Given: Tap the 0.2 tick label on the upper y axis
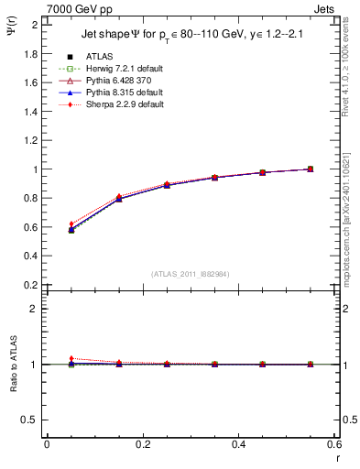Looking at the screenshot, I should pyautogui.click(x=31, y=285).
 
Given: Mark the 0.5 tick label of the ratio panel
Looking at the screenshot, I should pyautogui.click(x=31, y=420).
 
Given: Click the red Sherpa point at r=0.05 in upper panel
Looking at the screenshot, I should pyautogui.click(x=71, y=224).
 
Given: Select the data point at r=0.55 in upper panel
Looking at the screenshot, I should pyautogui.click(x=310, y=169).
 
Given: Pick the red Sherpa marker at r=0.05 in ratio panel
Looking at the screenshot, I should pyautogui.click(x=71, y=359).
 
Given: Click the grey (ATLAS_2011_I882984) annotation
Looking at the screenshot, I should pyautogui.click(x=191, y=274).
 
